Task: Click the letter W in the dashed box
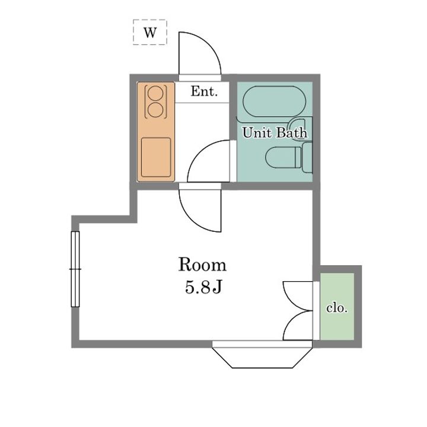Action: pyautogui.click(x=150, y=33)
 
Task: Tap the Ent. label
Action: pyautogui.click(x=204, y=91)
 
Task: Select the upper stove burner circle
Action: pyautogui.click(x=155, y=93)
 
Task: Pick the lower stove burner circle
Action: pyautogui.click(x=155, y=110)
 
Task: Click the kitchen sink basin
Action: pyautogui.click(x=156, y=157)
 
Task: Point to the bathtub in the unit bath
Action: pyautogui.click(x=275, y=101)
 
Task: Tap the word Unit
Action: pyautogui.click(x=257, y=133)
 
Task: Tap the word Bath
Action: pyautogui.click(x=292, y=133)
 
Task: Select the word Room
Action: pyautogui.click(x=202, y=265)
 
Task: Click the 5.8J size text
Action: pyautogui.click(x=203, y=287)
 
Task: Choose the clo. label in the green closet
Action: pyautogui.click(x=337, y=308)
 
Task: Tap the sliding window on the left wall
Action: pyautogui.click(x=75, y=269)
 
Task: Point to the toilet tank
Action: pyautogui.click(x=307, y=157)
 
